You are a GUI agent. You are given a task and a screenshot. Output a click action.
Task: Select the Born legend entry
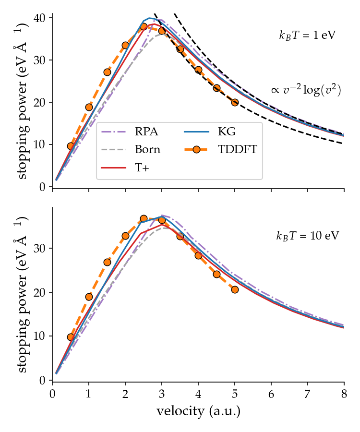pos(148,149)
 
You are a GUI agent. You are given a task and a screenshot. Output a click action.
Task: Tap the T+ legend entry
pos(141,167)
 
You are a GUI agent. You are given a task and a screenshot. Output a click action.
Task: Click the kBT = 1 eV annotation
pos(307,36)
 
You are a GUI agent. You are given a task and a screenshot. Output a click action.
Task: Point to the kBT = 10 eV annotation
pos(307,236)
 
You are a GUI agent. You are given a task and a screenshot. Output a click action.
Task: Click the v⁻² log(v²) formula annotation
pos(306,90)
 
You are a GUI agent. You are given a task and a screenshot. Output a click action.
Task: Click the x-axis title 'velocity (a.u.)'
pos(198,411)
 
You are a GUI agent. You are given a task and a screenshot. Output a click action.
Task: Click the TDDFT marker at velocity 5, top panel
pos(235,102)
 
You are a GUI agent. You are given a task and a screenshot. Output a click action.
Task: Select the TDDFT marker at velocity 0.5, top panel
pos(71,146)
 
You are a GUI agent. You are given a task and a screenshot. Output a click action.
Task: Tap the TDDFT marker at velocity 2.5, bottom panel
pos(144,218)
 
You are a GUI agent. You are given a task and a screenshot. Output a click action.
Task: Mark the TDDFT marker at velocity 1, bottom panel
pos(89,297)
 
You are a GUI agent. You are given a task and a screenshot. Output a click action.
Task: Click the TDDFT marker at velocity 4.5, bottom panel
pos(216,274)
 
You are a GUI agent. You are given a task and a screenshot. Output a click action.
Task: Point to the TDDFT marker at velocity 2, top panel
pos(125,45)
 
